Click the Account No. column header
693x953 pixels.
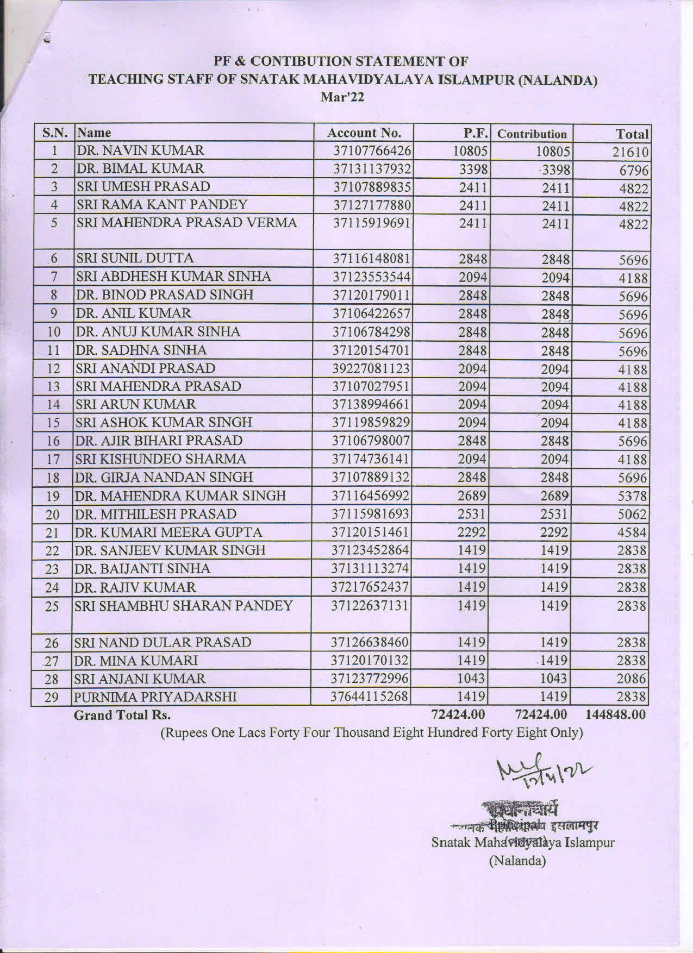pos(364,133)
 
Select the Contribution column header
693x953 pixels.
pos(532,134)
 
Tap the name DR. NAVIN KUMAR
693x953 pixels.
pos(141,150)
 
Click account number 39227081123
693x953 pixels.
pos(370,368)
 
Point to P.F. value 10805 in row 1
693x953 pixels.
pos(472,151)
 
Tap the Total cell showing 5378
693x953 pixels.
pos(633,497)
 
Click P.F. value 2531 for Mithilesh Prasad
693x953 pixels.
pos(472,514)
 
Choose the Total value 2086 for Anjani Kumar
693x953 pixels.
pos(633,679)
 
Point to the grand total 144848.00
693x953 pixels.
pos(616,714)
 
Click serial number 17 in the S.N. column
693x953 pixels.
pos(53,460)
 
